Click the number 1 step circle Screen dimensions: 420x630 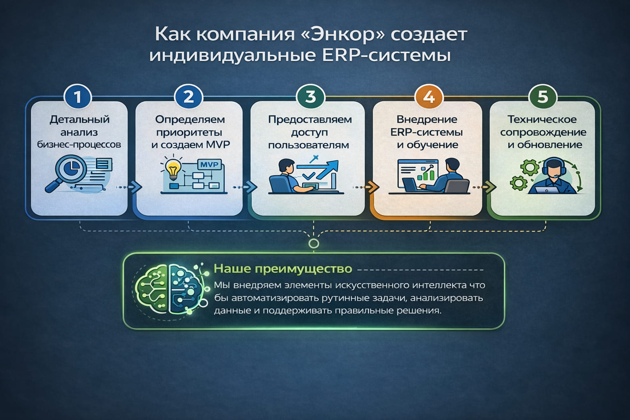78,97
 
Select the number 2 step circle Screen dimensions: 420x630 189,97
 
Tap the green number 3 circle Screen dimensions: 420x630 310,97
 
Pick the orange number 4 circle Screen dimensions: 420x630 429,97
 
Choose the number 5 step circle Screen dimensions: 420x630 543,97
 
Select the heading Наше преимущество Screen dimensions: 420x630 283,269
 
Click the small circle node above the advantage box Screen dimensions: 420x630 314,244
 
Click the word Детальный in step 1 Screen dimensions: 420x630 80,119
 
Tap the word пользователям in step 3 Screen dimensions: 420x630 308,145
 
